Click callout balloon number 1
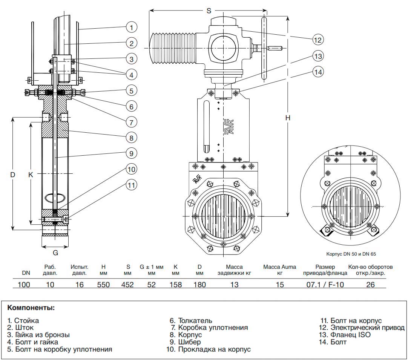[x=131, y=27]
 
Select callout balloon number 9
[x=131, y=153]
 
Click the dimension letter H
[x=287, y=118]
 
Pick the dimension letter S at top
[x=209, y=11]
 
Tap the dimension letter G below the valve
[x=55, y=252]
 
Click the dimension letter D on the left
[x=12, y=175]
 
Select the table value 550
[x=103, y=285]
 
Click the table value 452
[x=127, y=285]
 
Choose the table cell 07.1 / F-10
[x=325, y=285]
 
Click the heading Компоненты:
[x=31, y=308]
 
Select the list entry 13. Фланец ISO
[x=345, y=335]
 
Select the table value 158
[x=175, y=285]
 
